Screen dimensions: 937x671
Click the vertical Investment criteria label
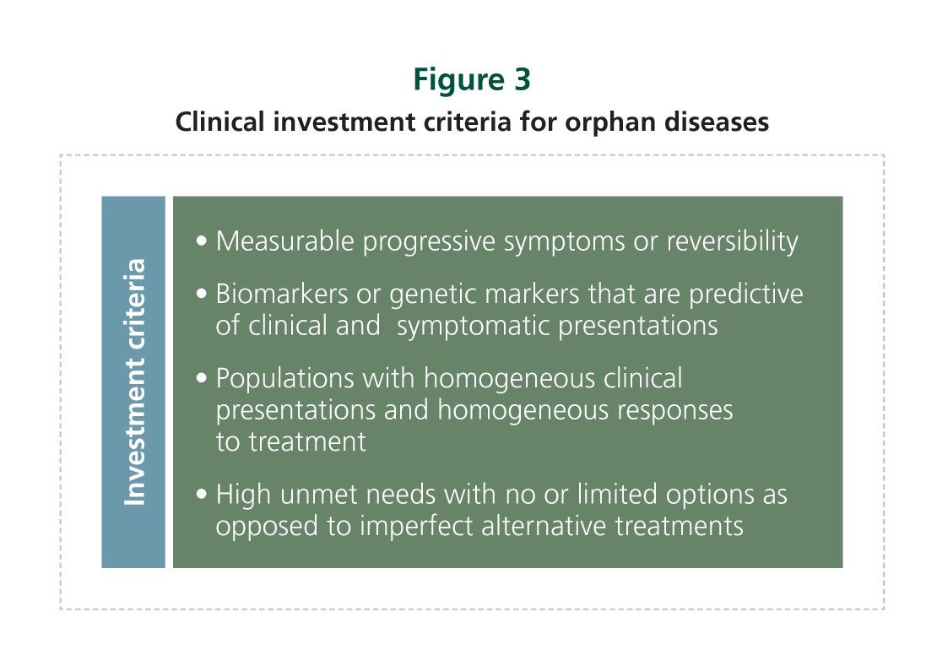tap(134, 381)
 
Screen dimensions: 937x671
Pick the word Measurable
tap(285, 241)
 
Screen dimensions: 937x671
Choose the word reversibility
tap(732, 242)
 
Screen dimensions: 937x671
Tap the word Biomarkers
tap(281, 294)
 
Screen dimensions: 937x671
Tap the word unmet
tap(318, 495)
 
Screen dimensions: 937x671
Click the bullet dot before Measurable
tap(202, 241)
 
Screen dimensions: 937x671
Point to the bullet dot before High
tap(202, 494)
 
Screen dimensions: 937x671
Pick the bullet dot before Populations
tap(202, 378)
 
